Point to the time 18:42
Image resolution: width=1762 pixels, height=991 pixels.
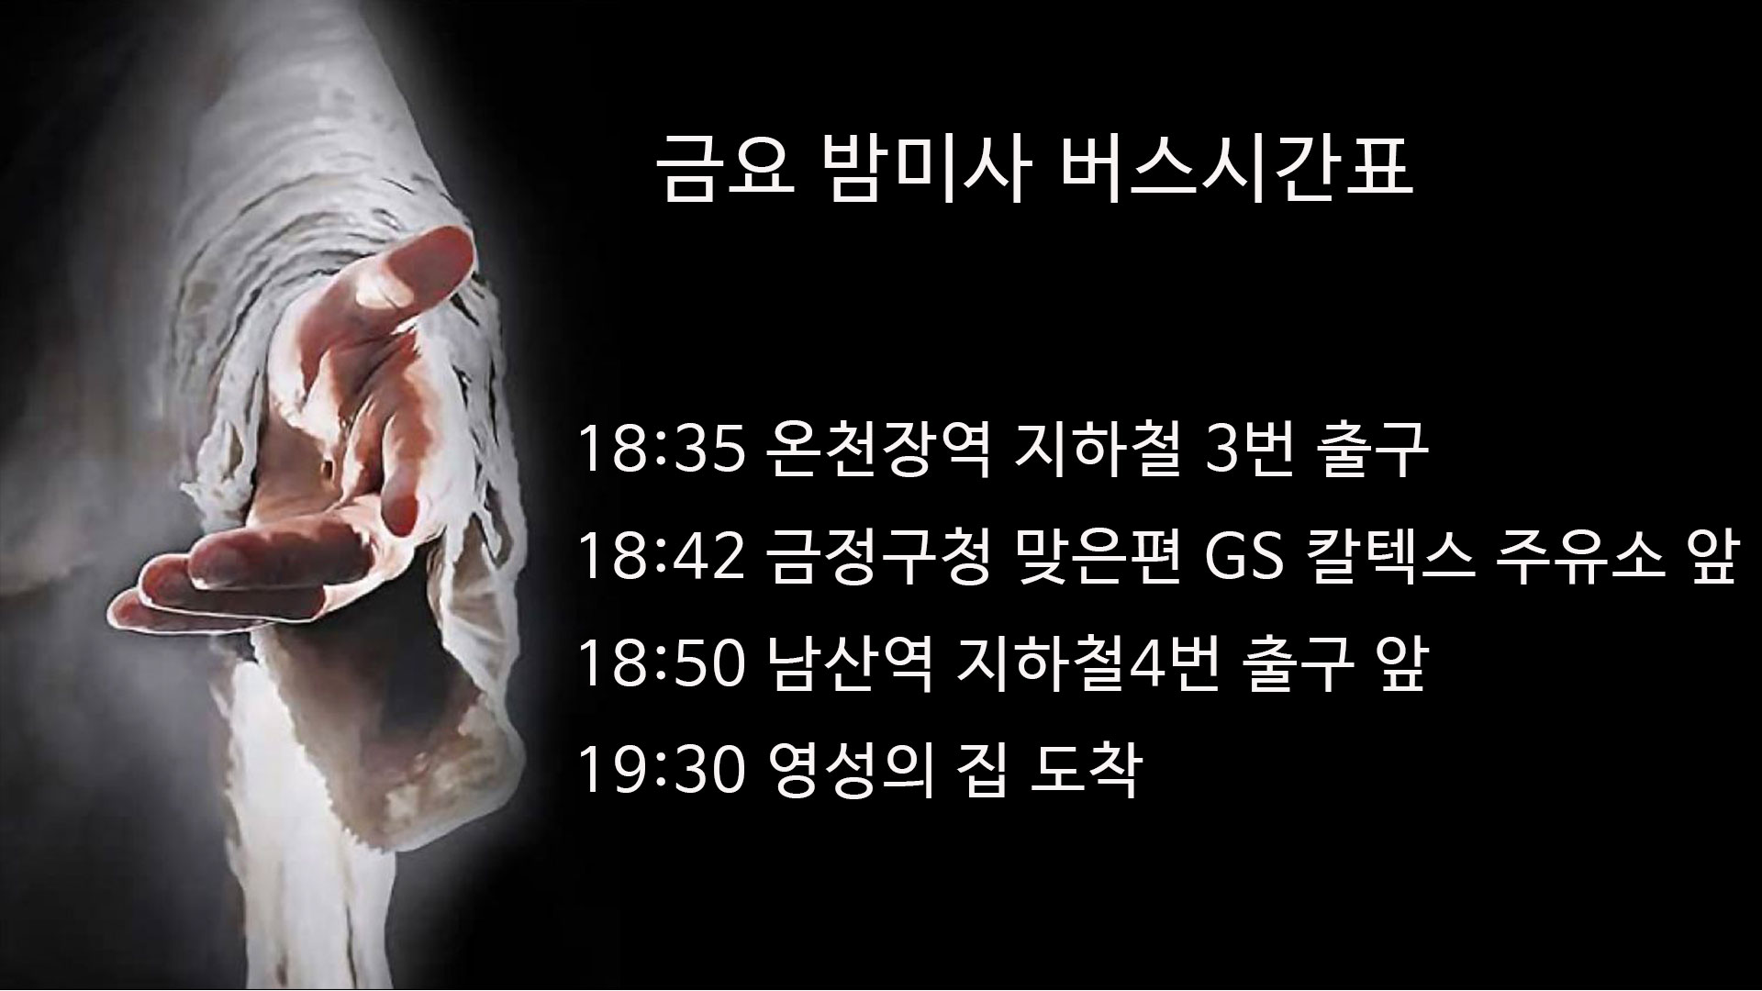[660, 559]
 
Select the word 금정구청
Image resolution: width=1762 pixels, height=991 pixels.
[875, 559]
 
